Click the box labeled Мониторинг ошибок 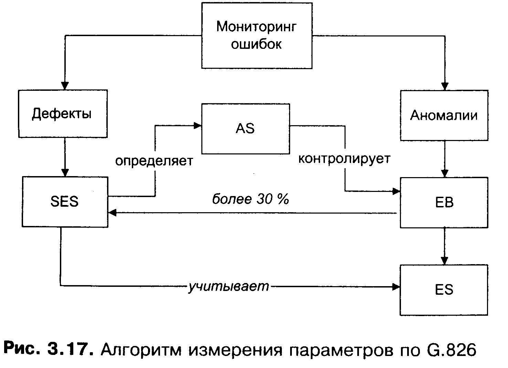point(257,35)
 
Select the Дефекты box point(63,114)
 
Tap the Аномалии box point(444,115)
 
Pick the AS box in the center point(245,129)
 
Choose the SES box point(65,202)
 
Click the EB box point(444,203)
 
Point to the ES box point(444,290)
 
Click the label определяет point(154,161)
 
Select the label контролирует point(344,159)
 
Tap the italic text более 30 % point(250,199)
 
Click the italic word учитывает point(229,286)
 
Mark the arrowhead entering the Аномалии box point(445,86)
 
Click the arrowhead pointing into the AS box point(198,126)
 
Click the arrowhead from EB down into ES point(445,260)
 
